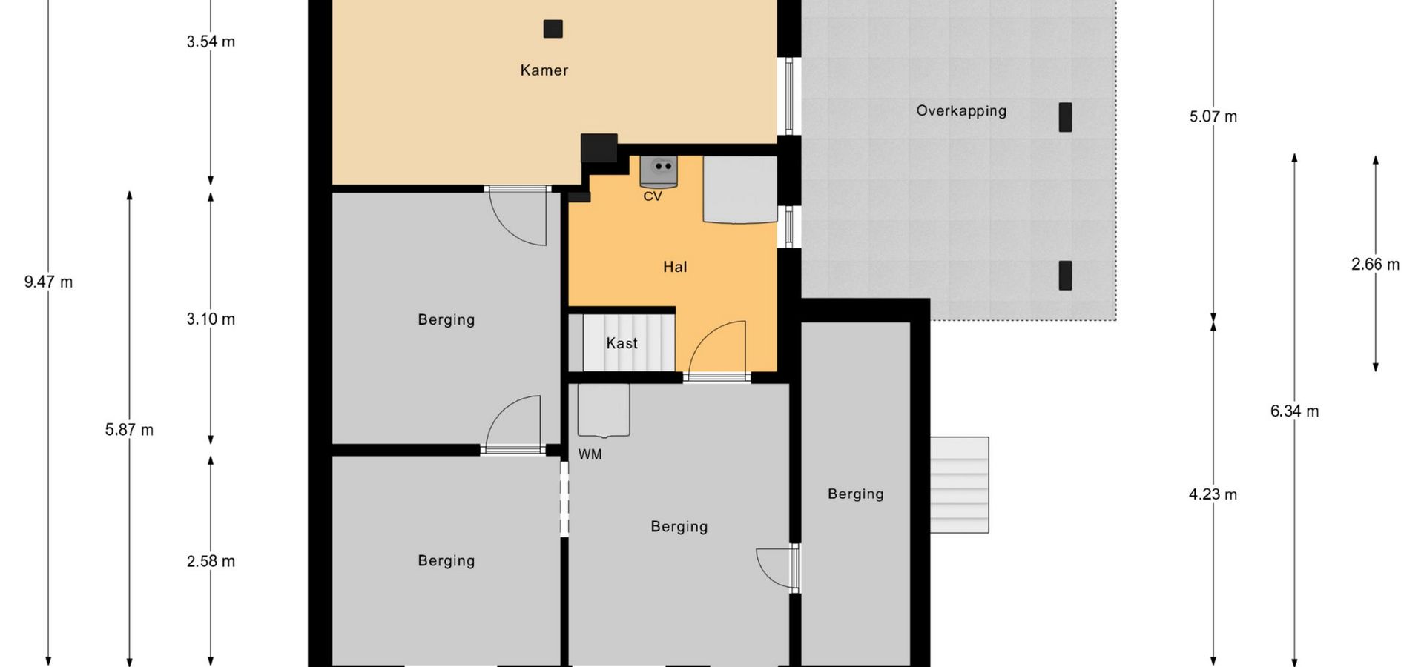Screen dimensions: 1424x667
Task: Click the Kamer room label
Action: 544,70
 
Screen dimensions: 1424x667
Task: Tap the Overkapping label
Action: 961,111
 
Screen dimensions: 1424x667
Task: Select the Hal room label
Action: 675,267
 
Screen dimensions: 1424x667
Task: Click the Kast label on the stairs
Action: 622,343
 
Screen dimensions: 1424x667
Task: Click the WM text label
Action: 590,454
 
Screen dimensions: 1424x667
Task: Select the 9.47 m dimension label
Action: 48,282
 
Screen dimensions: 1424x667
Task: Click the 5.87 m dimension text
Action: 129,430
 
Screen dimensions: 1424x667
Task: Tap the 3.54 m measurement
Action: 211,42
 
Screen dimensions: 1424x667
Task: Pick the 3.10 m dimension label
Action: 211,319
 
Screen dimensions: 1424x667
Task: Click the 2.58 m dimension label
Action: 211,562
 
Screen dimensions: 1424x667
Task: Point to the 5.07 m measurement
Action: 1213,116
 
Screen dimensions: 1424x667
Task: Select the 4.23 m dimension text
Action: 1213,494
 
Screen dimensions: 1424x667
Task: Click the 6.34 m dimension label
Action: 1295,411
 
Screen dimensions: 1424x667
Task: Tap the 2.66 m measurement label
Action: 1376,265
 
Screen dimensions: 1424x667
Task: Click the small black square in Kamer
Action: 553,29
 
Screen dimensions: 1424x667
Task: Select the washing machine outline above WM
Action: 604,410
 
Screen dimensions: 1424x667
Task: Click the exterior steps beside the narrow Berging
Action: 960,485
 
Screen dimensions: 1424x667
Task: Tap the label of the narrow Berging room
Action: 856,494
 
